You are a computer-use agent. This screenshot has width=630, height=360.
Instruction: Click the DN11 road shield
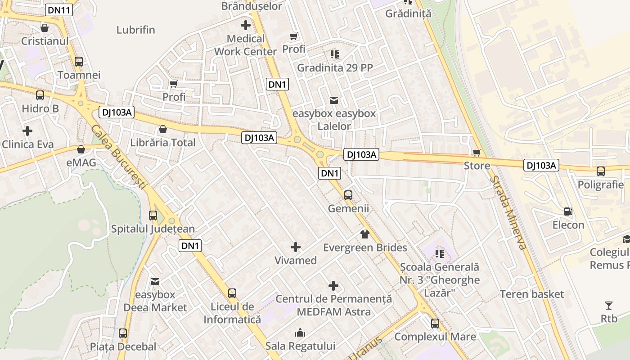pos(59,10)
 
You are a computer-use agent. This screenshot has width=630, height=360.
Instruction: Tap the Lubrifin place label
pos(135,30)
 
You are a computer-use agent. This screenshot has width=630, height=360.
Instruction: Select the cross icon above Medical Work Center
pos(246,25)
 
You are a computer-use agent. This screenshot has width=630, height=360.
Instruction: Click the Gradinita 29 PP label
pos(335,68)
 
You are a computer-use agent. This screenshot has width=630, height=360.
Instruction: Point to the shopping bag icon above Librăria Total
pos(162,129)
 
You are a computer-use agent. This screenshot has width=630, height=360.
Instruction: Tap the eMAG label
pos(81,162)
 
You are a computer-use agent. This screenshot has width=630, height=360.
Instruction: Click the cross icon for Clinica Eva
pos(27,131)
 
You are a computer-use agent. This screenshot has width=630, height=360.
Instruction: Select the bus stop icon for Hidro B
pos(40,95)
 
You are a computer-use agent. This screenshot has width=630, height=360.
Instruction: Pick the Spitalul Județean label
pos(153,229)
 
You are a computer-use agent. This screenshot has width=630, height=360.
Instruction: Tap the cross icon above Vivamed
pos(296,247)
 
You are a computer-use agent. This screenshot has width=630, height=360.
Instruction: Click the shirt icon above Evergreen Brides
pos(364,234)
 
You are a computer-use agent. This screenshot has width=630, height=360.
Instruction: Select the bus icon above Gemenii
pos(348,195)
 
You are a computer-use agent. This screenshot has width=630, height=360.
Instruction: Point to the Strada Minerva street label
pos(508,212)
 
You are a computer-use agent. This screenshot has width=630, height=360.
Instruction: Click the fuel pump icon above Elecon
pos(568,211)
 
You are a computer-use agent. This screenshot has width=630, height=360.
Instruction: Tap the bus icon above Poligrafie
pos(601,171)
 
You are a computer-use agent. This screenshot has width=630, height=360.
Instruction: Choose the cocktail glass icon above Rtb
pos(609,306)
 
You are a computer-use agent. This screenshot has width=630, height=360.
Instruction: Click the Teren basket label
pos(531,294)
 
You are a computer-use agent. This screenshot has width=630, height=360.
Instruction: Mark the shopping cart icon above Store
pos(477,153)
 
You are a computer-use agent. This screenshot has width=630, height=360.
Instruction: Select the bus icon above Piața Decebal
pos(123,333)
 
